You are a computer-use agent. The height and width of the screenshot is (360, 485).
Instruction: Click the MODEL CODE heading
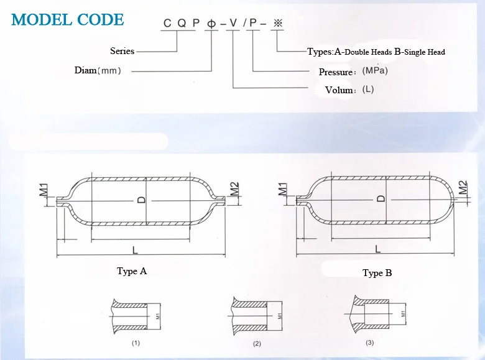coord(68,20)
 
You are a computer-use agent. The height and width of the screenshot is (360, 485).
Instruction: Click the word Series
coord(122,51)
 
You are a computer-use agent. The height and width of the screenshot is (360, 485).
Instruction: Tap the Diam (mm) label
coord(98,70)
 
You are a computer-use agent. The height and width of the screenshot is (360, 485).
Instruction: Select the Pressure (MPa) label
coord(353,72)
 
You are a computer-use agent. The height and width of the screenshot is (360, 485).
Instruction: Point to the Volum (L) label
coord(349,90)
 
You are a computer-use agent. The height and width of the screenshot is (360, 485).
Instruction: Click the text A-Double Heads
coord(364,52)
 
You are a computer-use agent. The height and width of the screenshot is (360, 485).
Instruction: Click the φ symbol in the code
coord(212,24)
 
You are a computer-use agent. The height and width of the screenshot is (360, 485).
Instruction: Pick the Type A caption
coord(132,271)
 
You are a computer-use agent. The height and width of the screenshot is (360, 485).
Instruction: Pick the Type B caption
coord(377,273)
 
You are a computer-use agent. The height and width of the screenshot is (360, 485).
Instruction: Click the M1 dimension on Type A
coord(44,190)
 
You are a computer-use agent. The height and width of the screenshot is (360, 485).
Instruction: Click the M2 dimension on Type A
coord(234,190)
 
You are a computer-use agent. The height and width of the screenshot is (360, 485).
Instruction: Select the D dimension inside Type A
coord(142,200)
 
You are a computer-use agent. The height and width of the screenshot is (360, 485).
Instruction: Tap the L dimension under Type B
coord(377,249)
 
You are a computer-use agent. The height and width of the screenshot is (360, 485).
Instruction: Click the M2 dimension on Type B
coord(462,188)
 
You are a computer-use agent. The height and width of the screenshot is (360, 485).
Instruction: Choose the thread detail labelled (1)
coord(134,315)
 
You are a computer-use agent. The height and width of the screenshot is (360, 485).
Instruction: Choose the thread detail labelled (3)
coord(373,315)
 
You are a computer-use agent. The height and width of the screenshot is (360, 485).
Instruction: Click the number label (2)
coord(256,343)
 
